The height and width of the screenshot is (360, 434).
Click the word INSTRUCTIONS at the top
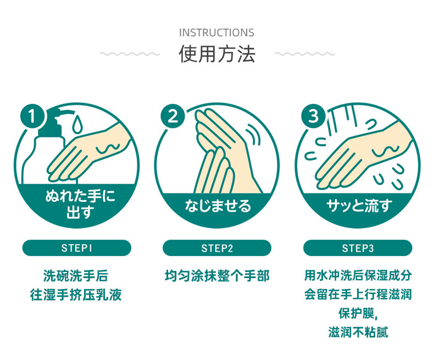[216, 33]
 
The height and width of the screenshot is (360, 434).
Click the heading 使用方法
[216, 54]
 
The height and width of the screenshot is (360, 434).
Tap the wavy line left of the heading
[130, 54]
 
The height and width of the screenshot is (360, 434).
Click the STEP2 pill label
[216, 248]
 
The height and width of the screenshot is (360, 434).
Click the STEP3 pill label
[358, 248]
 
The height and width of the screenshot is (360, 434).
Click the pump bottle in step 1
[43, 148]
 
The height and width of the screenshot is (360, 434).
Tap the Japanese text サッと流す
[358, 206]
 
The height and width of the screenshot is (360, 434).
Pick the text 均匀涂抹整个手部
[217, 275]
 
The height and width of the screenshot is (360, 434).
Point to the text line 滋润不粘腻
[358, 333]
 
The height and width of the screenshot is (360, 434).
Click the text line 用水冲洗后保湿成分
[358, 275]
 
